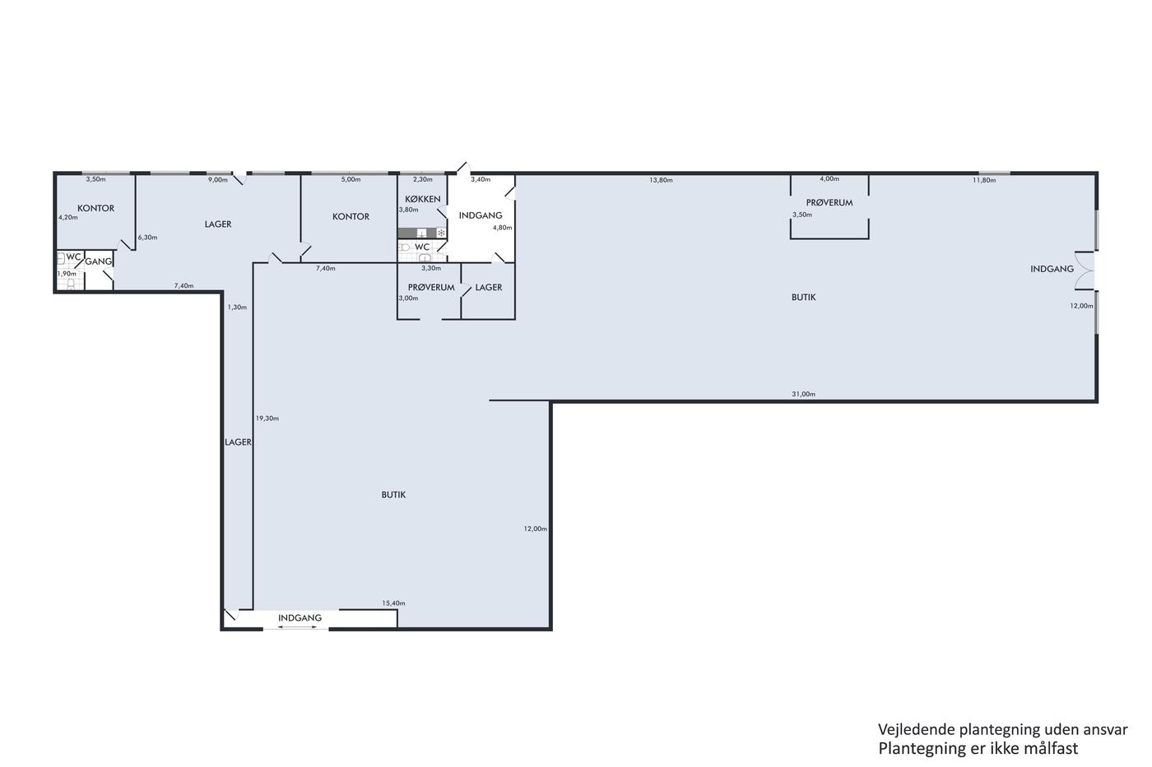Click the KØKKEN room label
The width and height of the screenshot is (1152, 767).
pyautogui.click(x=423, y=199)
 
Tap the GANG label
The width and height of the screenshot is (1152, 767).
pyautogui.click(x=98, y=261)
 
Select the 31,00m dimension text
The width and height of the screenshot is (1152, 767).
pyautogui.click(x=803, y=394)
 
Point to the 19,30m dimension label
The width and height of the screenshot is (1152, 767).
pyautogui.click(x=267, y=418)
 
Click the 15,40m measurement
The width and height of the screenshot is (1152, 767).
pyautogui.click(x=393, y=603)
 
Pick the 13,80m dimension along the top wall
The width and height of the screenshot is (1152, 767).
pyautogui.click(x=661, y=180)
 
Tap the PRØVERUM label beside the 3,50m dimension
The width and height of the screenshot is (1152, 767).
pyautogui.click(x=829, y=202)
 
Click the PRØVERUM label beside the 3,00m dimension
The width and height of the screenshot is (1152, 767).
pyautogui.click(x=431, y=287)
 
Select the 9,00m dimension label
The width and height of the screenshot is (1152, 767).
pyautogui.click(x=217, y=180)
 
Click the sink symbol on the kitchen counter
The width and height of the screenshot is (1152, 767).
pyautogui.click(x=421, y=233)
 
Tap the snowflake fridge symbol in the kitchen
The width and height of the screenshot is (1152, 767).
pyautogui.click(x=441, y=233)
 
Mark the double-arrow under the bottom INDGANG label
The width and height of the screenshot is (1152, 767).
pyautogui.click(x=297, y=627)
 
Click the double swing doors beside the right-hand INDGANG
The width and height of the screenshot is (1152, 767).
pyautogui.click(x=1085, y=270)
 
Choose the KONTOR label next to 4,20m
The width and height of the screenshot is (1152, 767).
pyautogui.click(x=95, y=208)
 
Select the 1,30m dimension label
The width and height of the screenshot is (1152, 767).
pyautogui.click(x=237, y=307)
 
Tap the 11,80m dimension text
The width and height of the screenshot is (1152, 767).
pyautogui.click(x=984, y=180)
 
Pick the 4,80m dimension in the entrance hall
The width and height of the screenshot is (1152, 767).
pyautogui.click(x=503, y=228)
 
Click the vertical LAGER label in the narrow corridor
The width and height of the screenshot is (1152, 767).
pyautogui.click(x=238, y=441)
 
